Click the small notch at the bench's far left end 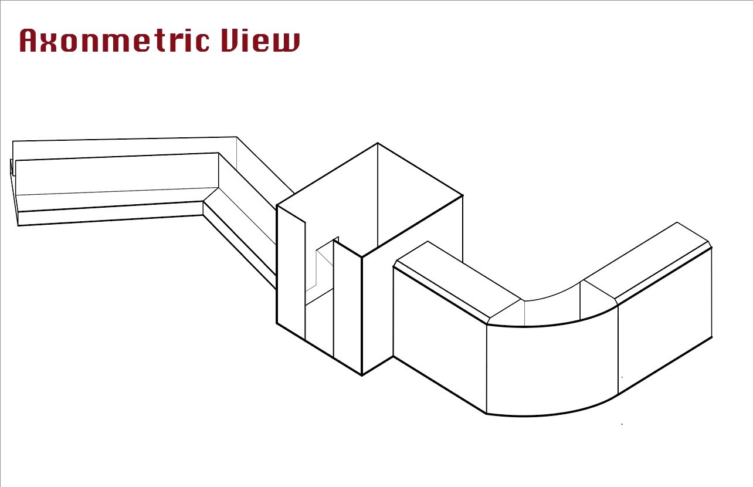tap(12, 167)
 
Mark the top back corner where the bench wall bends tap(236, 137)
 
